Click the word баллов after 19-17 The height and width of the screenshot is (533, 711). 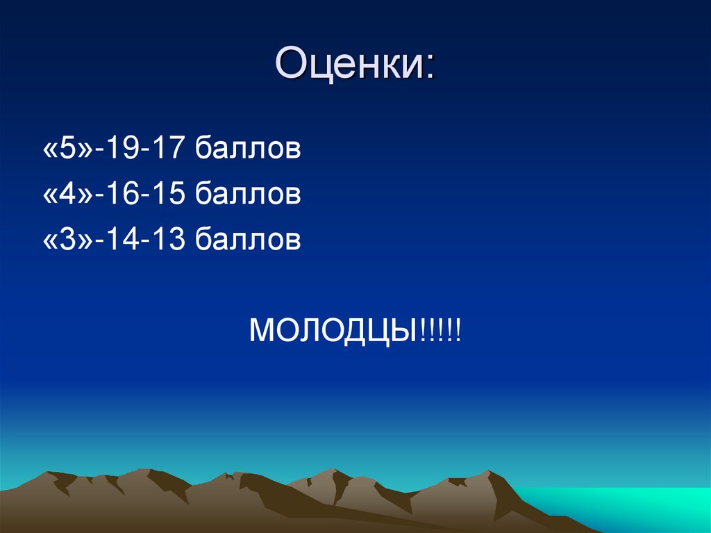(x=247, y=149)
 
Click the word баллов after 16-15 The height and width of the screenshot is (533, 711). (x=247, y=195)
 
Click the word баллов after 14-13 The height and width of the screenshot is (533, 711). (x=247, y=241)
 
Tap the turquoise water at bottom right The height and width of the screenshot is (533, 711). (x=625, y=507)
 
